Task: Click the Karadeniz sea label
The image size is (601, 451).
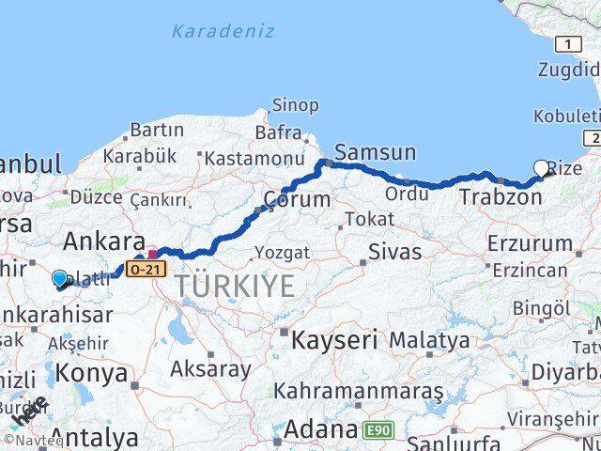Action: [x=223, y=31]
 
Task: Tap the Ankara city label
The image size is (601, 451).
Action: [x=102, y=239]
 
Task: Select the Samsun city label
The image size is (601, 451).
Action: [x=376, y=152]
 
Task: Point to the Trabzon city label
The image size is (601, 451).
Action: [x=501, y=197]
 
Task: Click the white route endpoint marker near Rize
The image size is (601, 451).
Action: [x=542, y=169]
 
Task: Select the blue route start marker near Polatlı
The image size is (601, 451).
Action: [x=60, y=279]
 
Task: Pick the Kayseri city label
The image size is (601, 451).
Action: [x=334, y=339]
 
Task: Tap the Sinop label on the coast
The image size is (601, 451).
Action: [x=295, y=105]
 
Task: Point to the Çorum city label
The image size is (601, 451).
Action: [x=297, y=199]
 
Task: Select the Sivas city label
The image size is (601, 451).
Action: [x=395, y=252]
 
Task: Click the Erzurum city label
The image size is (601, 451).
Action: [x=529, y=243]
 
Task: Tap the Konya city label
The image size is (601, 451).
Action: [x=92, y=372]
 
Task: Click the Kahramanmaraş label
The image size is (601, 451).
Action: [x=359, y=390]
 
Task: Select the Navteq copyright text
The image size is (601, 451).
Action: [x=33, y=440]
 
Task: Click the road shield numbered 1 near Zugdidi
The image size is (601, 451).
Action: [x=568, y=43]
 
